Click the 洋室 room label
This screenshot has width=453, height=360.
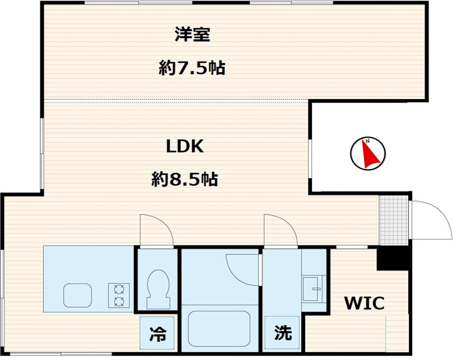pyautogui.click(x=192, y=35)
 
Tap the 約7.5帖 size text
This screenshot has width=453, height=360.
pyautogui.click(x=192, y=68)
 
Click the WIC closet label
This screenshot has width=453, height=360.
pyautogui.click(x=365, y=303)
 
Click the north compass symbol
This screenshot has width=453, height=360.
pyautogui.click(x=367, y=153)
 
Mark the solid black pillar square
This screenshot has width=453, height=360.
pyautogui.click(x=393, y=259)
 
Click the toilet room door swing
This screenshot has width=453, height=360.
pyautogui.click(x=156, y=229)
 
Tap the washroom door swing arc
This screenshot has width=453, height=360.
pyautogui.click(x=280, y=229)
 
